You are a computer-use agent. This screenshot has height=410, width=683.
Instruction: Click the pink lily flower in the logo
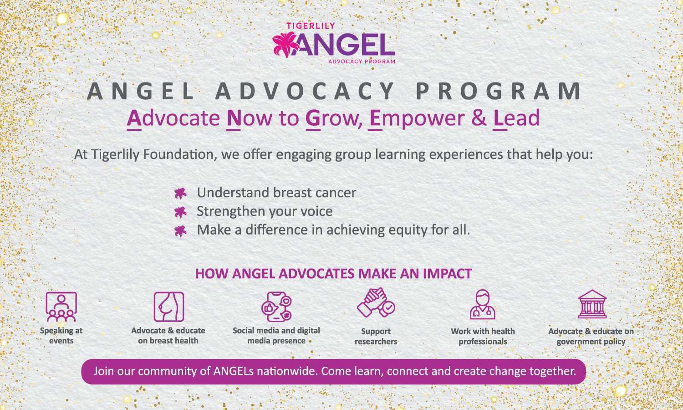(286, 45)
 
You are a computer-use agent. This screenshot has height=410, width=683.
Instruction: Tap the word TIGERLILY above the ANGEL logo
(311, 26)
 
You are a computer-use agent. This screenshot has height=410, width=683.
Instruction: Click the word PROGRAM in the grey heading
(499, 91)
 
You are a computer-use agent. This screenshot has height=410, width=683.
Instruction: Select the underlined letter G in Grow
(313, 118)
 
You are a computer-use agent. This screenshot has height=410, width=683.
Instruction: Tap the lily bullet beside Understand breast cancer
(180, 194)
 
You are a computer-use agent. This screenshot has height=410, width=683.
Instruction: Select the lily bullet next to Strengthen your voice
(180, 212)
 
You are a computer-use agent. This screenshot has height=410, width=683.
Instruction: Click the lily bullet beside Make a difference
(180, 231)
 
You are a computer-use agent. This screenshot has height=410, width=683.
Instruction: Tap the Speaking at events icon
(61, 307)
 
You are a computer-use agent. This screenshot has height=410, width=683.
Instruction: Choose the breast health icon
(169, 307)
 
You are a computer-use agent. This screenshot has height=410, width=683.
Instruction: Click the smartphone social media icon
(276, 307)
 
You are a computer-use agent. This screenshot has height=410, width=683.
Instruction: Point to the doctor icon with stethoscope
(483, 304)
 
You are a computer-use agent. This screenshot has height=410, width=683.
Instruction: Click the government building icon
(592, 304)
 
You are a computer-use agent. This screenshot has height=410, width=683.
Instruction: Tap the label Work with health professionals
(483, 336)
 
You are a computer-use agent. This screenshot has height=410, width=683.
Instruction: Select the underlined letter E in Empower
(375, 118)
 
